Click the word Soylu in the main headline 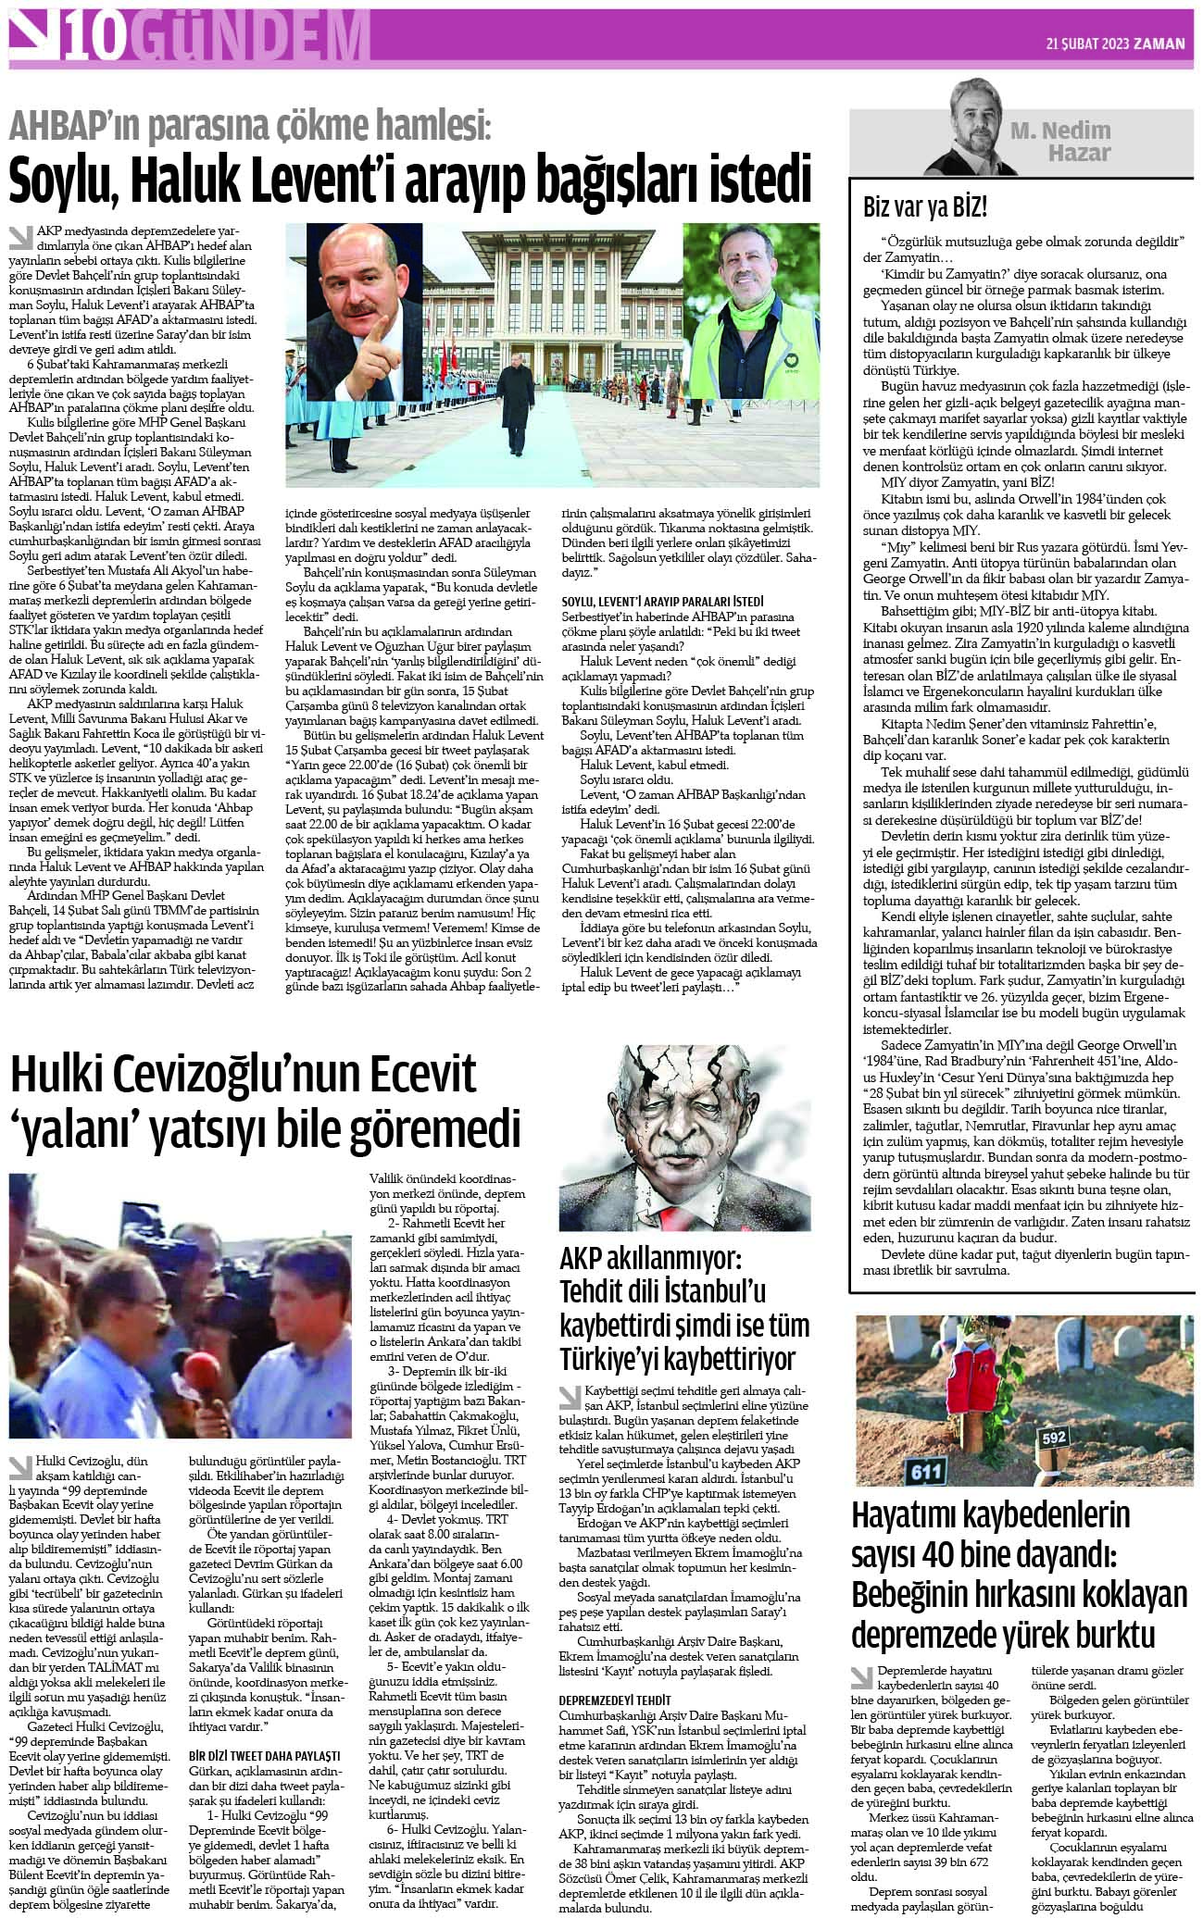[x=64, y=180]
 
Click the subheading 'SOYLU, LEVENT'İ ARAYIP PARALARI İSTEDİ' [x=662, y=602]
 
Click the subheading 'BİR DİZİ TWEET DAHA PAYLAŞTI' [x=265, y=1754]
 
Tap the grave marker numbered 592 [x=1053, y=1438]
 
